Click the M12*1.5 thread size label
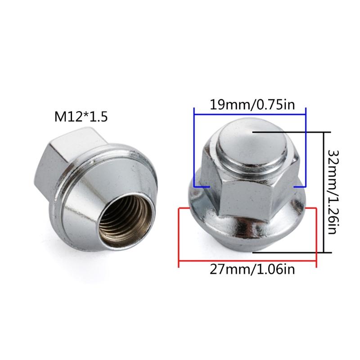click(x=81, y=117)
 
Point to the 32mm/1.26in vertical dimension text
click(x=333, y=192)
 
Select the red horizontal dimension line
click(x=247, y=260)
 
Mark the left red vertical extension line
click(x=180, y=234)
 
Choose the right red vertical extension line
click(x=317, y=234)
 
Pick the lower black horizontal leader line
click(x=292, y=252)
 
